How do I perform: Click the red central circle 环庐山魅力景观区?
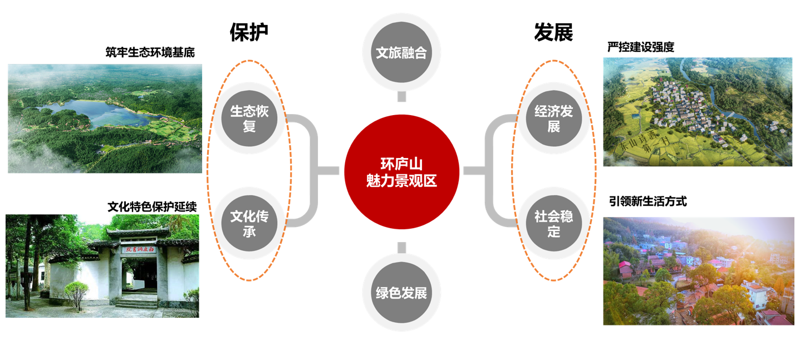[401, 172]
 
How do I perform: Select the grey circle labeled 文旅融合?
[401, 52]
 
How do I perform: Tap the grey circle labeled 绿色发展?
[401, 293]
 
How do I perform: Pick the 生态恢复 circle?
[249, 118]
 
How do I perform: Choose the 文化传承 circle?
[249, 223]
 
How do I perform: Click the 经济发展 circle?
[553, 118]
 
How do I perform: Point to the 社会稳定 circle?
[553, 223]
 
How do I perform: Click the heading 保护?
[249, 32]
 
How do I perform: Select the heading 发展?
[553, 32]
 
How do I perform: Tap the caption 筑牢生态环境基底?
[150, 52]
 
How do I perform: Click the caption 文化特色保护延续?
[152, 207]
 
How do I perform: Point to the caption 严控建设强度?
[641, 47]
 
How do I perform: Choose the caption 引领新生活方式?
[647, 201]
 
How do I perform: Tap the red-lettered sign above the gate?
[139, 249]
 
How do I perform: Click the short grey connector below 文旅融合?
[401, 96]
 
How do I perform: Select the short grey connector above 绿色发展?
[401, 248]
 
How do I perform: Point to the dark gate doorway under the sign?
[140, 275]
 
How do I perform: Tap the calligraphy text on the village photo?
[645, 143]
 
